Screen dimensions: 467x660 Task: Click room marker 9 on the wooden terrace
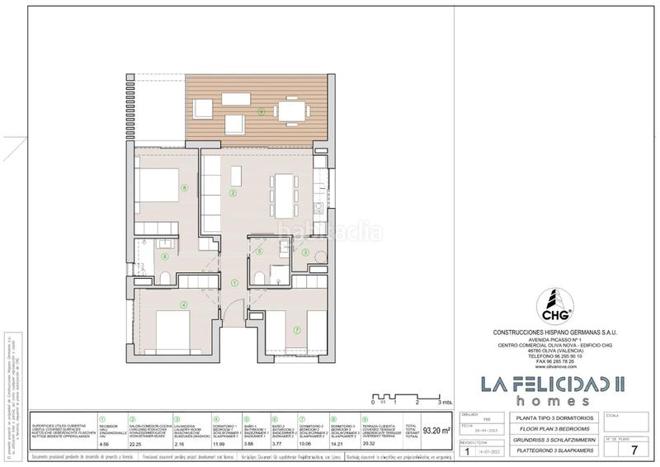(261, 111)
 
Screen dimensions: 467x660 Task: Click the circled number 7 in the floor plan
(296, 331)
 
